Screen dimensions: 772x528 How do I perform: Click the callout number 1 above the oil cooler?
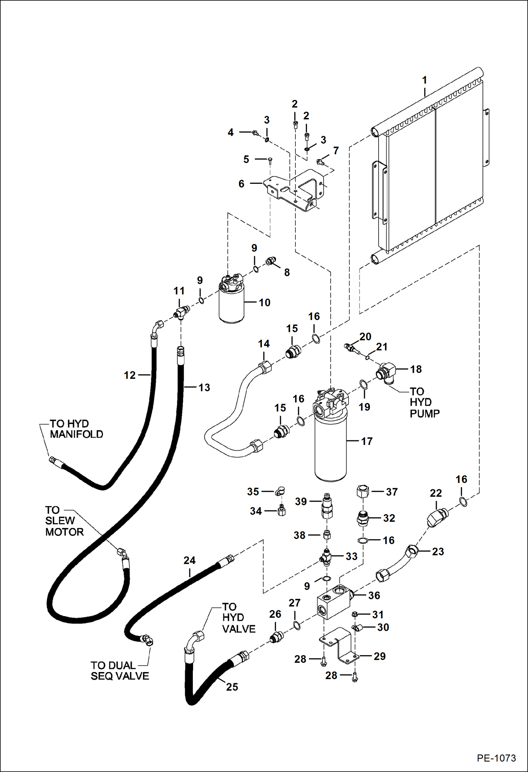tap(424, 80)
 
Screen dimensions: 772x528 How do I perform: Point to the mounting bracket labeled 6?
tap(296, 190)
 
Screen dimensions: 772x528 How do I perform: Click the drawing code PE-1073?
tap(496, 758)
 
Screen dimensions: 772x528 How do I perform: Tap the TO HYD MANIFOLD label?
tap(76, 429)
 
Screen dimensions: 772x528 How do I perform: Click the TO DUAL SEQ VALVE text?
tap(120, 671)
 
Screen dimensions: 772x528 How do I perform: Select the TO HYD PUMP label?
tap(424, 402)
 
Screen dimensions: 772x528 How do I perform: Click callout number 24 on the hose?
tap(189, 560)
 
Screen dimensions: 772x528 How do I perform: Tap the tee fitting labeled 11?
tap(182, 312)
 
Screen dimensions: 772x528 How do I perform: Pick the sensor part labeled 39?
tap(327, 507)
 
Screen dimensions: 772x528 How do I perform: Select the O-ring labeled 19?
tap(364, 385)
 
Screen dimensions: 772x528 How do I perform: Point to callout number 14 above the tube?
tap(264, 344)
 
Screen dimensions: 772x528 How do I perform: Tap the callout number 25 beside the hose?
tap(232, 687)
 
